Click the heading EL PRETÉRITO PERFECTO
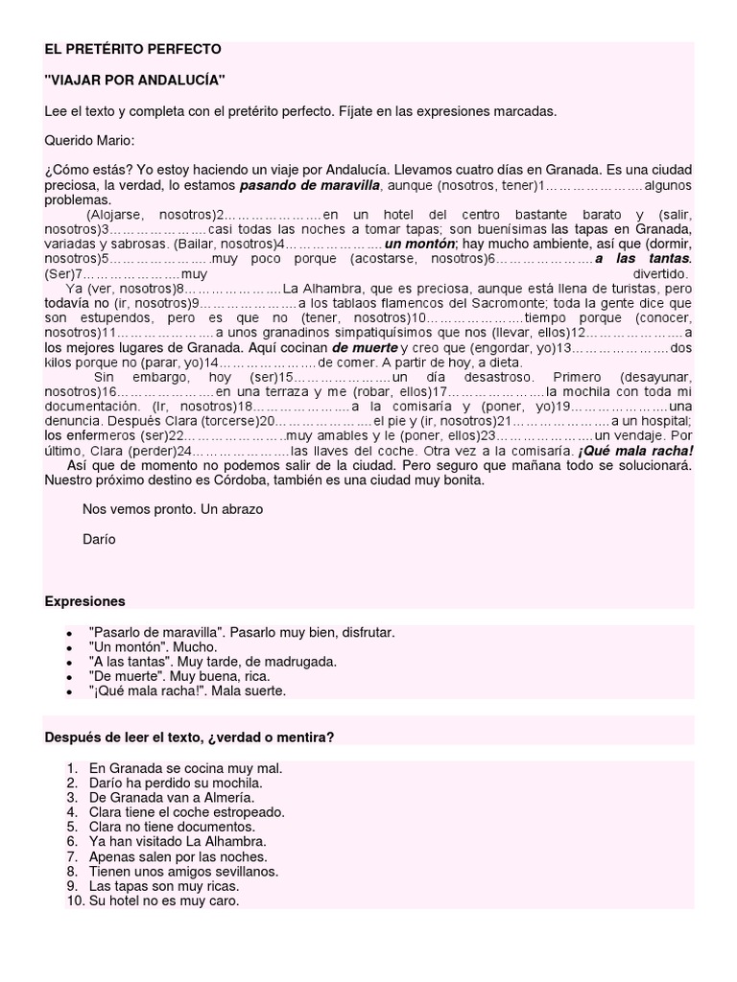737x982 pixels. [x=132, y=48]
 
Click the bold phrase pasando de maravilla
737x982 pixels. [x=310, y=184]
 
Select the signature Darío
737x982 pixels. [x=99, y=539]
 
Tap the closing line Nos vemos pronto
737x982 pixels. [x=173, y=509]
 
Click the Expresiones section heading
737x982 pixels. [x=85, y=601]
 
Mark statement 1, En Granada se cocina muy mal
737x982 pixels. [x=185, y=769]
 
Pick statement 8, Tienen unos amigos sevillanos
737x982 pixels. [x=183, y=872]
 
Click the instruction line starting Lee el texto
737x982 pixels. [x=300, y=111]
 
